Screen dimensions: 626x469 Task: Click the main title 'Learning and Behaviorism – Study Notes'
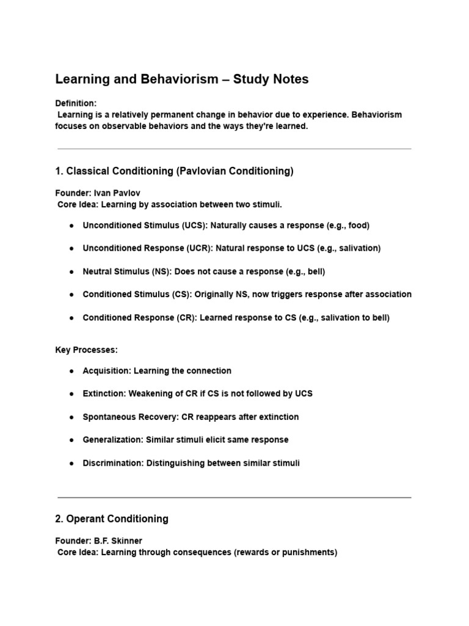click(x=182, y=79)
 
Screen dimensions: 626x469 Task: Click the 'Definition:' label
click(x=76, y=103)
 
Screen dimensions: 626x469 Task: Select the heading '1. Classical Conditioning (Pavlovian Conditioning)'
click(x=174, y=171)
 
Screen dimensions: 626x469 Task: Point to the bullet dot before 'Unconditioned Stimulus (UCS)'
click(x=71, y=226)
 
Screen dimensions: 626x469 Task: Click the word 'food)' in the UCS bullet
click(x=358, y=226)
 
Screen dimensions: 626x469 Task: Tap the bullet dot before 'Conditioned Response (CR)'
click(x=71, y=317)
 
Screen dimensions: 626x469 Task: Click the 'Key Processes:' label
click(x=86, y=350)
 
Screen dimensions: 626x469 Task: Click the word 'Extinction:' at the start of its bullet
click(x=104, y=394)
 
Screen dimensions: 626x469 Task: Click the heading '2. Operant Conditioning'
click(x=112, y=519)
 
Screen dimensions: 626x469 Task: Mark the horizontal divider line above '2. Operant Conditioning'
click(x=234, y=497)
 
